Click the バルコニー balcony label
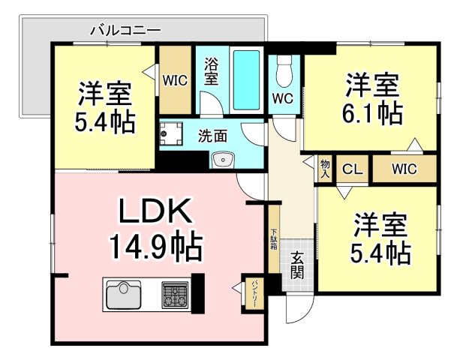click(x=126, y=31)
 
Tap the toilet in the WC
click(x=284, y=71)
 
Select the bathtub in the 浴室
click(x=247, y=80)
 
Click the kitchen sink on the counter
click(x=123, y=295)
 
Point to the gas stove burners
click(x=175, y=295)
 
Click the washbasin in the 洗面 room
click(x=223, y=160)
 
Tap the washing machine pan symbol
click(x=171, y=133)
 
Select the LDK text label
click(x=155, y=211)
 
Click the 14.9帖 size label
click(x=156, y=246)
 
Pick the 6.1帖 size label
click(x=373, y=112)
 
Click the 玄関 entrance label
click(x=296, y=265)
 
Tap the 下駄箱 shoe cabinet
click(x=274, y=239)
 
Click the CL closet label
click(x=353, y=169)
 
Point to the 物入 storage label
click(x=325, y=169)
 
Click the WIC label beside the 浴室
click(x=175, y=80)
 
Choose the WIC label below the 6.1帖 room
click(x=404, y=169)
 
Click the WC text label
click(x=283, y=98)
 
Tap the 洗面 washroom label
click(x=212, y=136)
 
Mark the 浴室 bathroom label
click(x=211, y=71)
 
